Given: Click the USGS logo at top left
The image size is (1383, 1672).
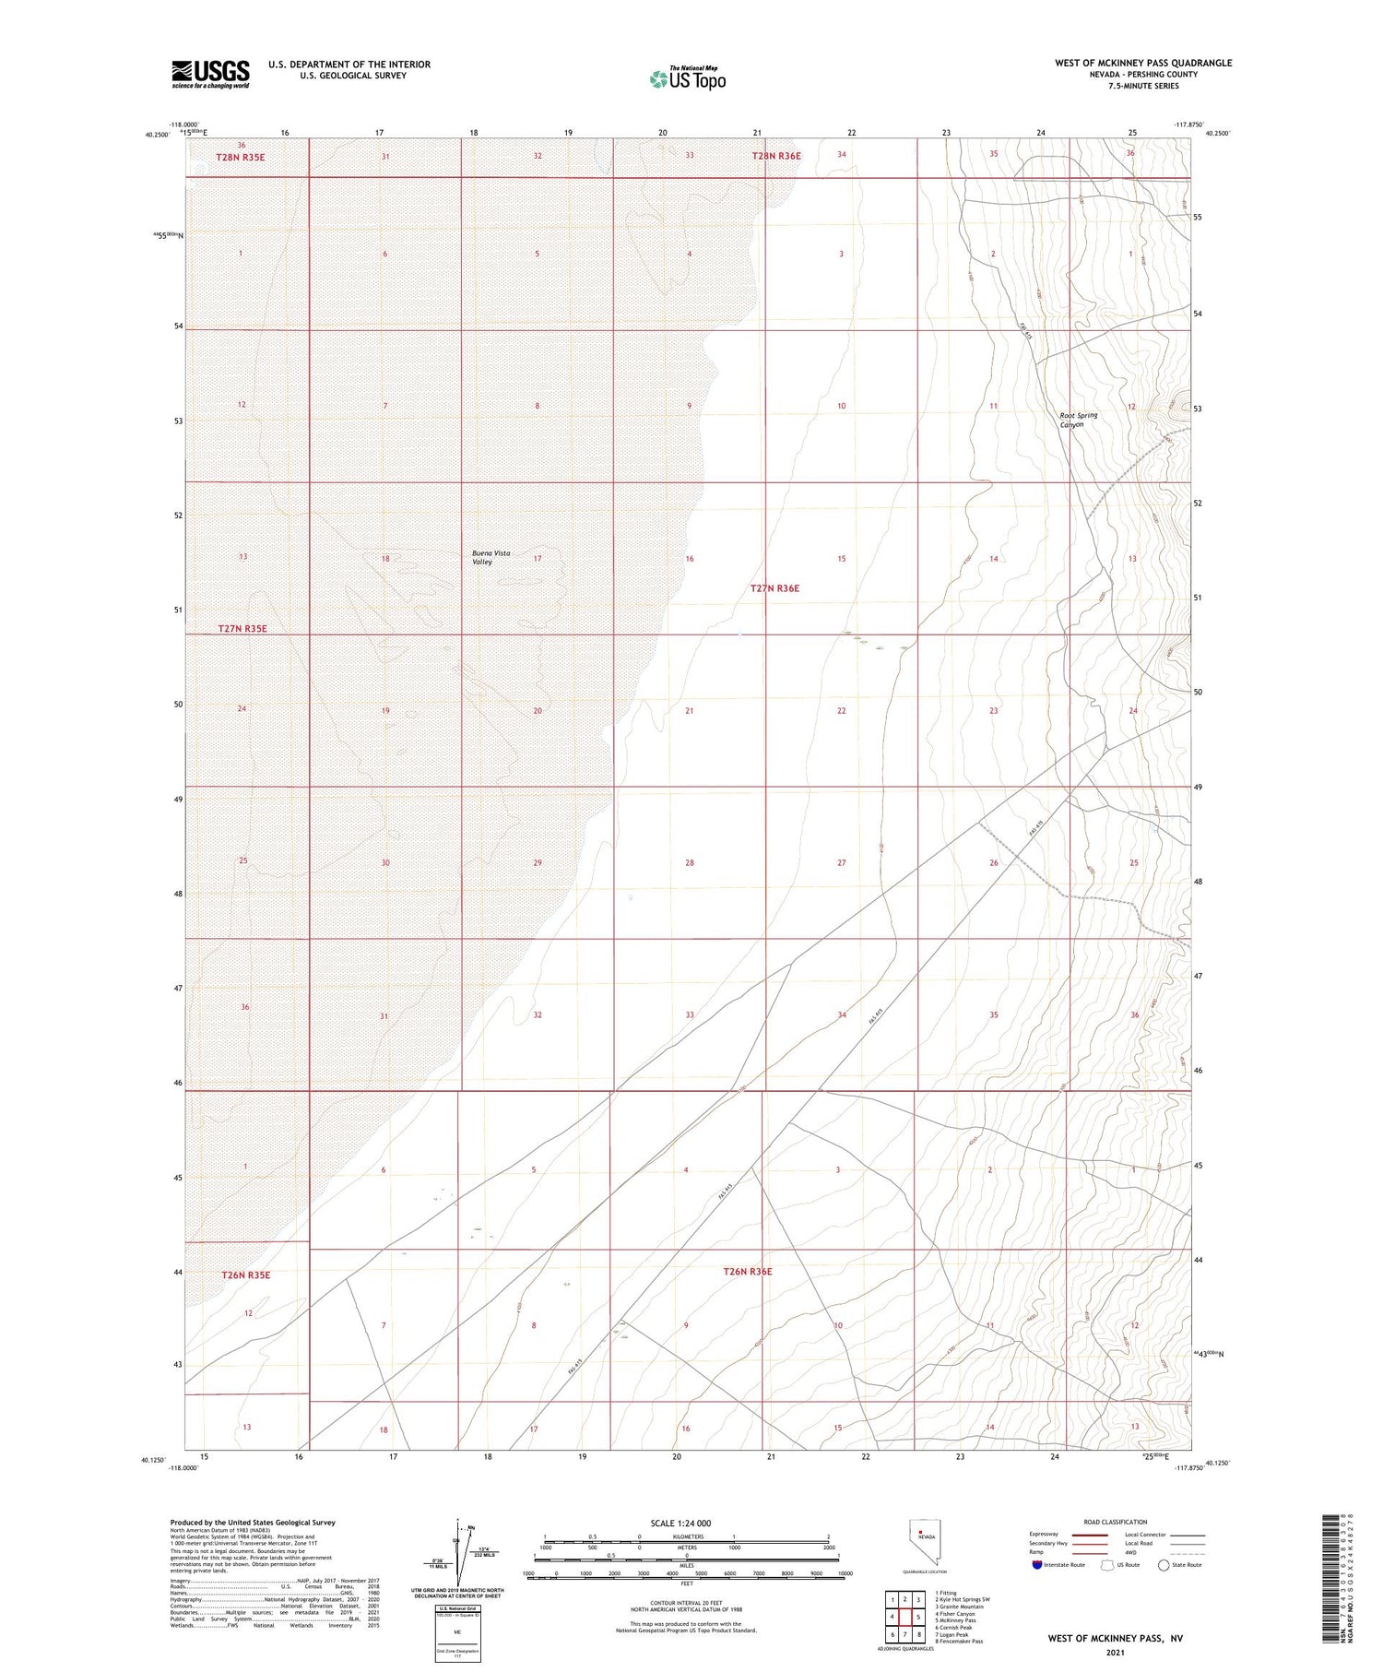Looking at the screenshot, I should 210,74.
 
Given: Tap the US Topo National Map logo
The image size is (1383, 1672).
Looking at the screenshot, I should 687,78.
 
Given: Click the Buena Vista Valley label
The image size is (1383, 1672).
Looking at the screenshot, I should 491,557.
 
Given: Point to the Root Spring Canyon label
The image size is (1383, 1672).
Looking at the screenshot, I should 1078,420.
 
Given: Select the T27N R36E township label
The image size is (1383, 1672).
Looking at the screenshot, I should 774,588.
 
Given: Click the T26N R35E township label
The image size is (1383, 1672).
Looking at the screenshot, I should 245,1275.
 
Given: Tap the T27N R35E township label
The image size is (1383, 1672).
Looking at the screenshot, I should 242,628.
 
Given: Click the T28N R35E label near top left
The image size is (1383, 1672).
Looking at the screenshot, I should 240,157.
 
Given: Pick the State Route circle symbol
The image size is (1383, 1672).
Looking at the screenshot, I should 1164,1564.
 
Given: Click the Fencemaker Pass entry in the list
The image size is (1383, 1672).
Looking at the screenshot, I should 959,1641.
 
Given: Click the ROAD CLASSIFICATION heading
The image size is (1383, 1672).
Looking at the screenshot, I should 1116,1522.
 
